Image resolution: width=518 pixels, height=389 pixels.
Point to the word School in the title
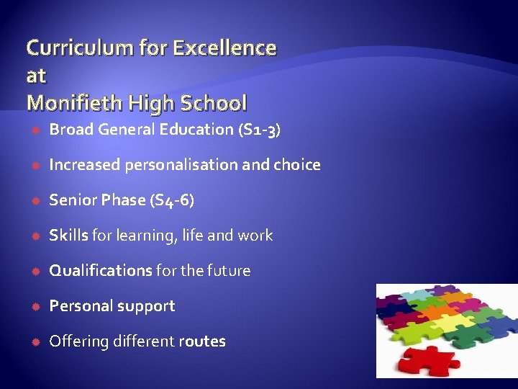click(213, 103)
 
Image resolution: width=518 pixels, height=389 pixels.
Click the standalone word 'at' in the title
click(36, 76)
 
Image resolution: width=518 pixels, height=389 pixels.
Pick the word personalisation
click(181, 165)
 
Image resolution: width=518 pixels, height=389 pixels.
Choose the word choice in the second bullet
click(296, 165)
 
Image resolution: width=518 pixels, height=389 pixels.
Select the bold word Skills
click(68, 236)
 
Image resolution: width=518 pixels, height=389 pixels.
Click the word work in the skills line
click(257, 236)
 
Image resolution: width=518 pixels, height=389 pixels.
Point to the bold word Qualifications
click(100, 271)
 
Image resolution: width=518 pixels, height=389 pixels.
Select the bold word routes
click(202, 341)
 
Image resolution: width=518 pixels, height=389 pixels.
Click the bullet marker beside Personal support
click(36, 306)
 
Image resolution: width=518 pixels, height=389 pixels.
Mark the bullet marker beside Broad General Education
click(36, 130)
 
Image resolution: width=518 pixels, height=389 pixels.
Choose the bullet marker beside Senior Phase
click(36, 200)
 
